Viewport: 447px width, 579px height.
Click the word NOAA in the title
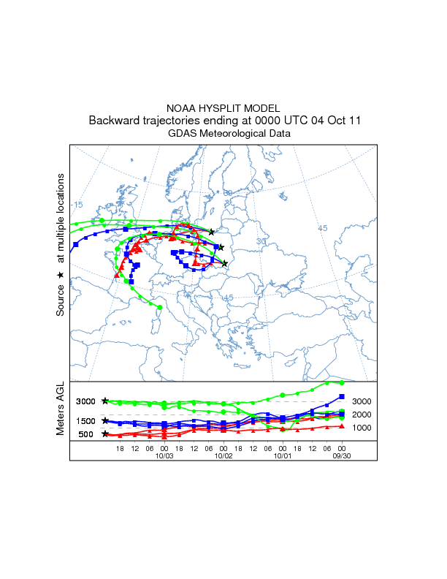[183, 108]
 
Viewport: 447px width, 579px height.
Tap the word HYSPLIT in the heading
[224, 108]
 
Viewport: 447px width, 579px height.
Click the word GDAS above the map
[183, 134]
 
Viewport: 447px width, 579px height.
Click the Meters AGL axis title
[61, 410]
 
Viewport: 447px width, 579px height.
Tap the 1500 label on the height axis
[86, 421]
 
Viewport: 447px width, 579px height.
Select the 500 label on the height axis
[86, 435]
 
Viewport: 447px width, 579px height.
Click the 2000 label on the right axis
[362, 415]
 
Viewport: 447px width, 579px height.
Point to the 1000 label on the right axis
[362, 428]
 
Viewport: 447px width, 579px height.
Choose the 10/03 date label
[164, 455]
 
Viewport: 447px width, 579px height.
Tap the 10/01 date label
[283, 455]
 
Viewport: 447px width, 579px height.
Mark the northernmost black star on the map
[212, 232]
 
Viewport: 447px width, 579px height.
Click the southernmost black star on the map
[225, 263]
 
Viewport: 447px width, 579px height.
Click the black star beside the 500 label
[105, 434]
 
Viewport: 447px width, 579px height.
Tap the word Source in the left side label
[61, 300]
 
